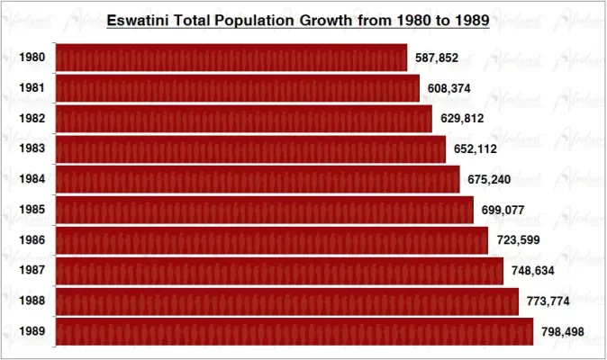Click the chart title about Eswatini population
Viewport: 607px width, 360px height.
tap(297, 19)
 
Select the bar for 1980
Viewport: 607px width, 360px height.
tap(231, 58)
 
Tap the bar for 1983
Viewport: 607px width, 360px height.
tap(250, 148)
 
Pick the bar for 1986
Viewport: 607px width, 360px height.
tap(272, 240)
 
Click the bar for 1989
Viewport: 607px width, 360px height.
tap(294, 331)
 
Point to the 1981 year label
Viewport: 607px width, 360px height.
tap(31, 88)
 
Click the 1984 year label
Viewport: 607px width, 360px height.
tap(31, 179)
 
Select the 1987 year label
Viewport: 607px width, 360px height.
tap(31, 271)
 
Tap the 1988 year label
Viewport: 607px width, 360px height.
tap(31, 301)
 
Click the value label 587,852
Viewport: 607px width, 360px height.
tap(437, 58)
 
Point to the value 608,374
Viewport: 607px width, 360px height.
tap(449, 88)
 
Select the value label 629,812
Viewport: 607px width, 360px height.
tap(462, 119)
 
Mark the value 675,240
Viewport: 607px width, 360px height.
tap(489, 179)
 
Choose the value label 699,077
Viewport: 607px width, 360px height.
tap(503, 210)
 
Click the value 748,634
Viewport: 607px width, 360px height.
tap(533, 271)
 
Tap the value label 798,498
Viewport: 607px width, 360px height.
tap(563, 332)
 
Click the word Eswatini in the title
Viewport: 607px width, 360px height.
tap(137, 19)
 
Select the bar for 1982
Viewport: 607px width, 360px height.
tap(244, 119)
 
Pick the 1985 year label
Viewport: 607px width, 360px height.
tap(31, 210)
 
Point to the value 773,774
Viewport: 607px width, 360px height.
tap(548, 301)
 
